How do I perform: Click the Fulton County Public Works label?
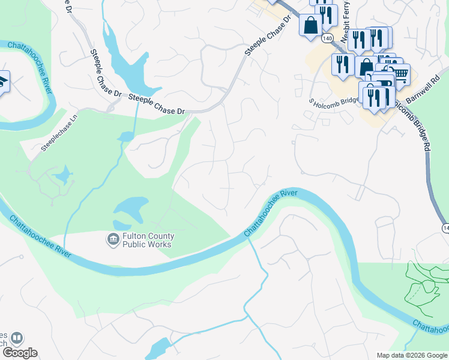tap(147, 240)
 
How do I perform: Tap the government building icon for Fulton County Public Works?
tap(113, 240)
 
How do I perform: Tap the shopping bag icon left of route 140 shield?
tap(311, 26)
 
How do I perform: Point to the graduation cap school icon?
tap(3, 82)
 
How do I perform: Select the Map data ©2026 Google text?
tap(412, 355)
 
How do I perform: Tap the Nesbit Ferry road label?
tap(346, 24)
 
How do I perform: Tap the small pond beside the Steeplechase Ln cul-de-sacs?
tap(62, 177)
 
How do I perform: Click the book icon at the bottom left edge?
tap(18, 338)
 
